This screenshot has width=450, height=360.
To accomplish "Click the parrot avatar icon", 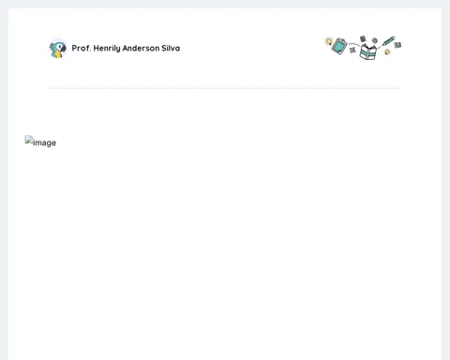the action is [58, 49].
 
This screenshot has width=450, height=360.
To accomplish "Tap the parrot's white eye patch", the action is [59, 47].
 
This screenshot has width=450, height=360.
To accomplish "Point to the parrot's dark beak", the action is [64, 49].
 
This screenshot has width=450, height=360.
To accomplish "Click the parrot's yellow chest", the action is [57, 54].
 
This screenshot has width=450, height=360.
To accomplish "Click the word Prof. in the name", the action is [82, 48].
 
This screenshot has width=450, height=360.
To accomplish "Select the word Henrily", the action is [107, 49].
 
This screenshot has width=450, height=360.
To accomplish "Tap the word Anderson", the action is [141, 48].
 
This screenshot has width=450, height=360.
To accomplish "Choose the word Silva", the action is [171, 48].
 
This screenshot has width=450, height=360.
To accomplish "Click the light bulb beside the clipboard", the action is [329, 41].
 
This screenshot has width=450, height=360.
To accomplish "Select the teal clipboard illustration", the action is [339, 46].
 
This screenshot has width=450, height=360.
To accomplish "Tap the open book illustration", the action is [367, 52].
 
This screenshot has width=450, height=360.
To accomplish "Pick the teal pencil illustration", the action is [388, 41].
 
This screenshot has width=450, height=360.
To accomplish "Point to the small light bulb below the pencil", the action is [387, 52].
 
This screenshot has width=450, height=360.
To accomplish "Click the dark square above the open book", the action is [363, 38].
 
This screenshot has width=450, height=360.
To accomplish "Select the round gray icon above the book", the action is [375, 40].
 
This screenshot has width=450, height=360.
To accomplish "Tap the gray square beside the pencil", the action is [397, 45].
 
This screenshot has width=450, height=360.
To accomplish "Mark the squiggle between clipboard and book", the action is [352, 50].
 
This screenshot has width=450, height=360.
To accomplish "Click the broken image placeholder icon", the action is [29, 140].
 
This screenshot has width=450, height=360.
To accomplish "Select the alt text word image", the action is [45, 142].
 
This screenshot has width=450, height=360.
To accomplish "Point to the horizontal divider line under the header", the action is [225, 88].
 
